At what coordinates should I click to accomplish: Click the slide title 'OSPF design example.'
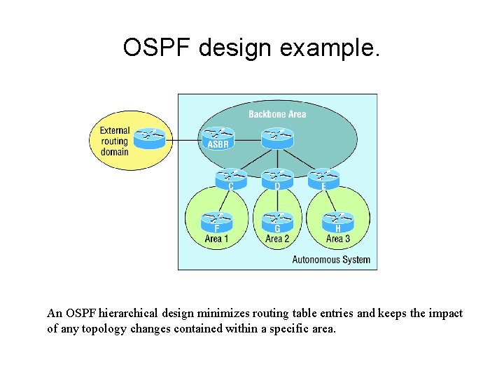(x=251, y=48)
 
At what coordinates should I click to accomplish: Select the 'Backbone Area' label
(x=277, y=114)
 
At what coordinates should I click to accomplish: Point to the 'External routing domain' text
(x=114, y=141)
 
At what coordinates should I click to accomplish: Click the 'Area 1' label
(x=217, y=239)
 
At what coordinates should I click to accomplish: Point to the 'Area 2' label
(x=277, y=239)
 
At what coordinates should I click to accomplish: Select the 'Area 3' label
(x=338, y=239)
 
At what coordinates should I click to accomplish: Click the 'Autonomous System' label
(x=330, y=260)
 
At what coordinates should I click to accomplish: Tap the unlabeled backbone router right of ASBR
(x=277, y=136)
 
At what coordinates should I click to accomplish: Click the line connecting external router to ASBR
(x=183, y=139)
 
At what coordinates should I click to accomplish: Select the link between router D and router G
(x=277, y=200)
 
